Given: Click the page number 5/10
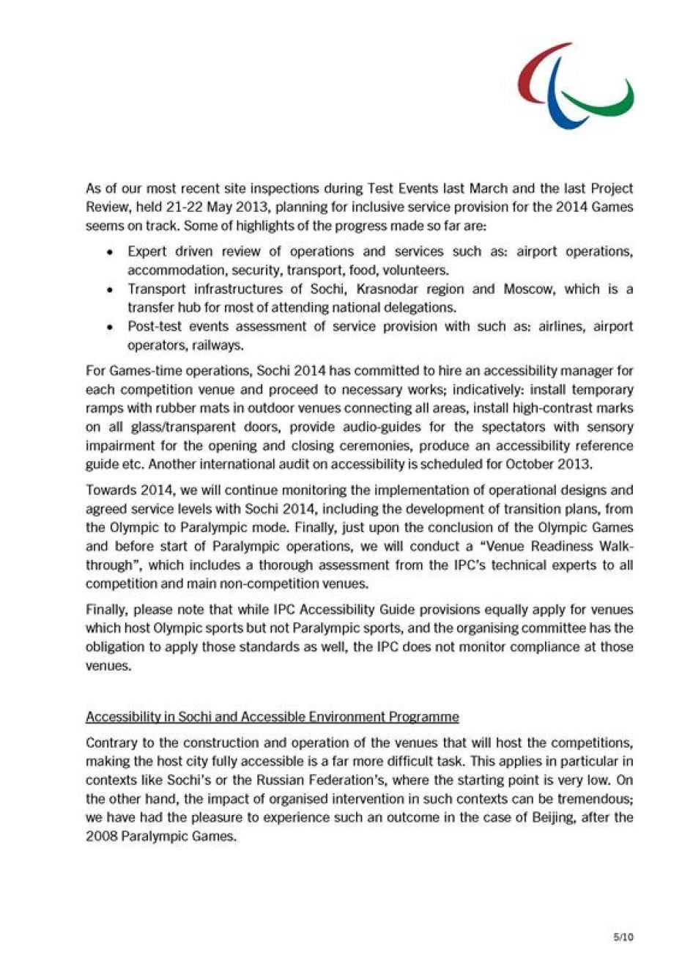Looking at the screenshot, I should [623, 937].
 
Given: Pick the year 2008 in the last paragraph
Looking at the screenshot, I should [100, 836].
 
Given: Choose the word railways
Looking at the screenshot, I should [219, 345].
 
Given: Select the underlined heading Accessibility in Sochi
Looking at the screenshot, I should [272, 716].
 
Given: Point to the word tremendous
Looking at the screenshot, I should [596, 798].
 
